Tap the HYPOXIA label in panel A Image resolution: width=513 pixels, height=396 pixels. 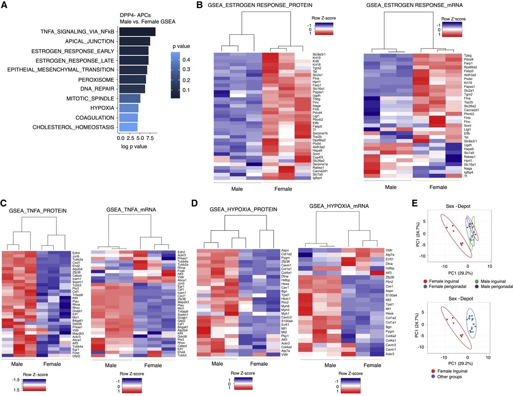tap(102, 108)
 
